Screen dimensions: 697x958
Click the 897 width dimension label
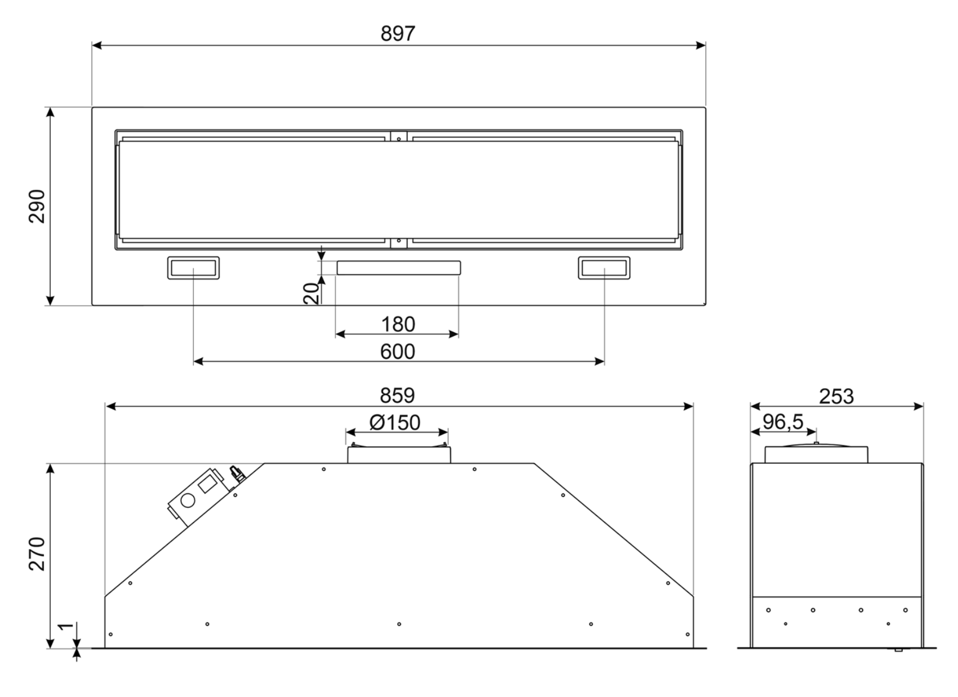pyautogui.click(x=398, y=34)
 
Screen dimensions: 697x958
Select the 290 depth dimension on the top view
pyautogui.click(x=37, y=206)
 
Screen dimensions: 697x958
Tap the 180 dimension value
pyautogui.click(x=398, y=324)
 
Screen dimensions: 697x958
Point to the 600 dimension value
pyautogui.click(x=398, y=352)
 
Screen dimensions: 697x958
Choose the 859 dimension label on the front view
pyautogui.click(x=397, y=395)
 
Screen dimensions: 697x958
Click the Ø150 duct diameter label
pyautogui.click(x=395, y=422)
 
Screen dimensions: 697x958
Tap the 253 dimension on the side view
pyautogui.click(x=836, y=397)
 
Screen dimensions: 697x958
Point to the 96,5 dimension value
pyautogui.click(x=782, y=421)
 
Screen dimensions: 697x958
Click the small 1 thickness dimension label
pyautogui.click(x=66, y=626)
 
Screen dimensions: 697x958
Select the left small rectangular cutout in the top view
pyautogui.click(x=193, y=268)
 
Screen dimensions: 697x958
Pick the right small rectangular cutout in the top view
pyautogui.click(x=604, y=268)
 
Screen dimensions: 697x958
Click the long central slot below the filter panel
pyautogui.click(x=398, y=268)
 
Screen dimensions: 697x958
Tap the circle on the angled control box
pyautogui.click(x=188, y=500)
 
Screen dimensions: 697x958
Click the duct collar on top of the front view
pyautogui.click(x=398, y=455)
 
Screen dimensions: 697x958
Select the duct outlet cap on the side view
pyautogui.click(x=816, y=454)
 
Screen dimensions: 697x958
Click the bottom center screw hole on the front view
pyautogui.click(x=399, y=624)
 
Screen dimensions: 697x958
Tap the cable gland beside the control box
pyautogui.click(x=236, y=473)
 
